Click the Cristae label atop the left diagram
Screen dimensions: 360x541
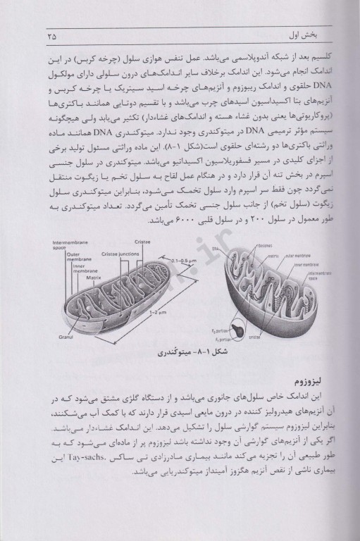142,242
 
